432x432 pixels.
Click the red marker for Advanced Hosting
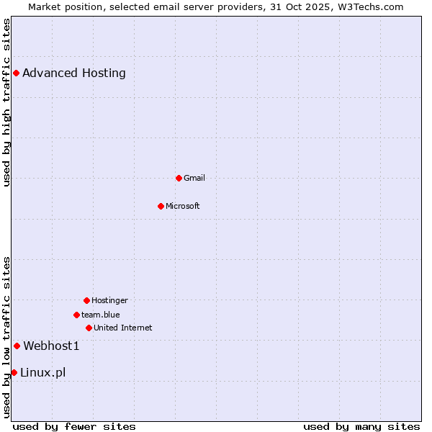[x=16, y=73]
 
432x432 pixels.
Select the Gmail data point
[x=179, y=178]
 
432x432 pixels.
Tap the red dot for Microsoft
[x=161, y=206]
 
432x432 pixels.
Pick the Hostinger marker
[x=86, y=300]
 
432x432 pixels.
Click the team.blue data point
[x=76, y=315]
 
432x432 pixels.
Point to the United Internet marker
[x=89, y=328]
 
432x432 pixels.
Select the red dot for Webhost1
[x=17, y=346]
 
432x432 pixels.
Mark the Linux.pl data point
[x=14, y=372]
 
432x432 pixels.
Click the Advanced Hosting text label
[x=74, y=73]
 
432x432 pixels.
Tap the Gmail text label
[x=194, y=178]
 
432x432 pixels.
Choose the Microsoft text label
[x=183, y=206]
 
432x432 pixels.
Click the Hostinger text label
[x=109, y=300]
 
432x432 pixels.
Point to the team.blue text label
[x=101, y=315]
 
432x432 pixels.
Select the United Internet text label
[x=123, y=328]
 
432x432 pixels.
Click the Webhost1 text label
[x=51, y=346]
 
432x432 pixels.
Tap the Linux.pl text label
[x=43, y=372]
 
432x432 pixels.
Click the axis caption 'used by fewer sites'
[x=74, y=426]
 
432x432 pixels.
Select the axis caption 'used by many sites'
[x=361, y=426]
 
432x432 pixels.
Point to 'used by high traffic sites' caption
[x=6, y=102]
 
